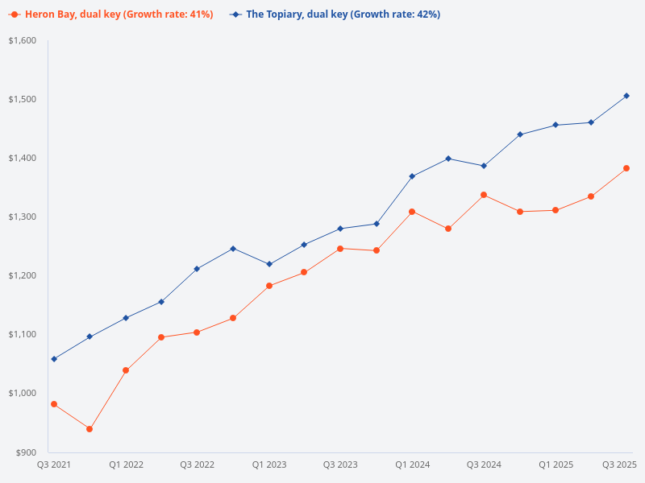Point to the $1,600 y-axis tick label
(x=24, y=40)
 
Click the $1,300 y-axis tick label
(x=24, y=217)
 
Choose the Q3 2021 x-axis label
(x=54, y=464)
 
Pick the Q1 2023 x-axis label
(x=269, y=464)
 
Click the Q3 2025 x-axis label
(x=620, y=464)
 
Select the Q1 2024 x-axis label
(x=412, y=464)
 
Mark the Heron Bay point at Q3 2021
(x=54, y=404)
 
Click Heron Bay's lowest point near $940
(x=89, y=429)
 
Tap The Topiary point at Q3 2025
(x=626, y=96)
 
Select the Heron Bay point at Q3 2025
(x=626, y=168)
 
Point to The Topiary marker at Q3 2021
(x=54, y=359)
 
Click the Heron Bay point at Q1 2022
(x=126, y=370)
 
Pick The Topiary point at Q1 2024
(x=412, y=176)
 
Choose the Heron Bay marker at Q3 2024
(x=484, y=195)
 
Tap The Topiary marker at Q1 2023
(x=269, y=264)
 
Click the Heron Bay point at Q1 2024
(x=412, y=212)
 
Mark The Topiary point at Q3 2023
(x=340, y=229)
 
